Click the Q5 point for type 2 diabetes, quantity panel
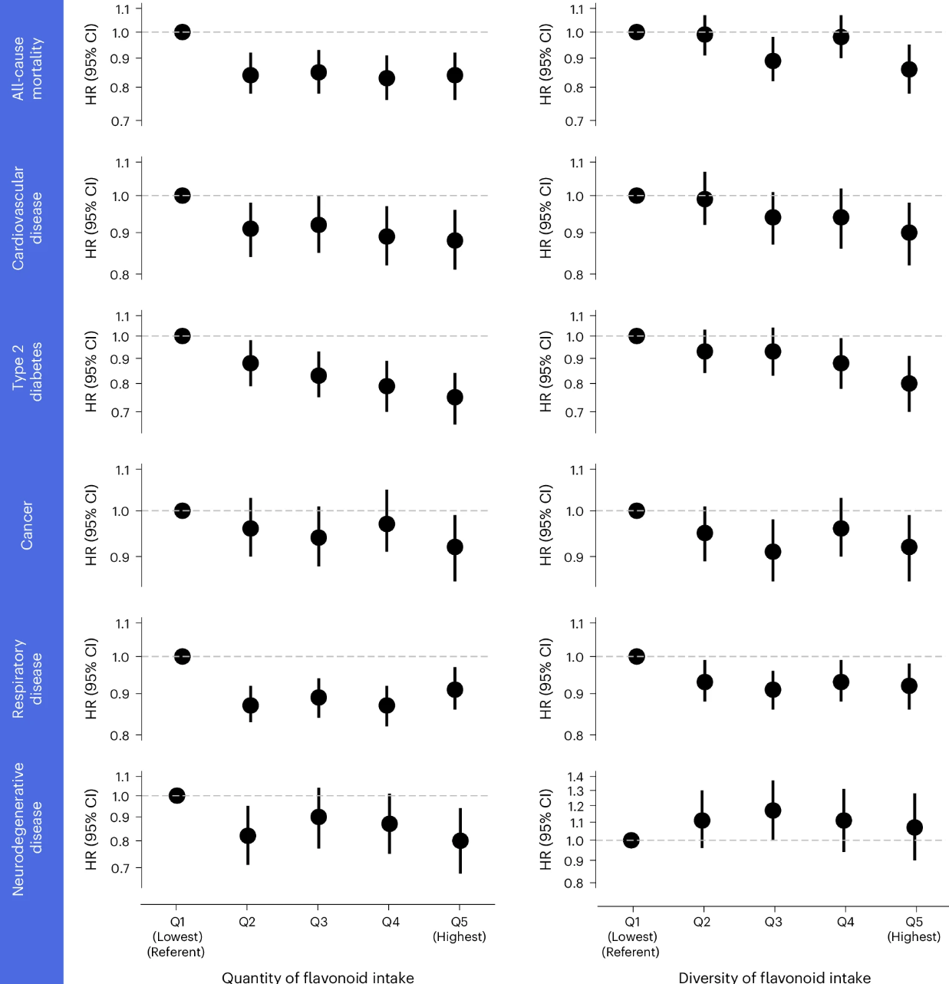click(x=455, y=397)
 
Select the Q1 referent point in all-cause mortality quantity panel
click(x=182, y=32)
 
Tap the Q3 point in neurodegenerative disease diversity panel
click(x=773, y=811)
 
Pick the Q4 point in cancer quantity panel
click(x=387, y=524)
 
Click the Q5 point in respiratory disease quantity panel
click(x=455, y=690)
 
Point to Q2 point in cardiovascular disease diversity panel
click(x=704, y=200)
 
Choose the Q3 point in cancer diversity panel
click(x=773, y=552)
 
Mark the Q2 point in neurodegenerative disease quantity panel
click(x=248, y=836)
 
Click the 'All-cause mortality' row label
click(x=28, y=68)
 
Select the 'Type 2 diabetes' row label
click(x=28, y=371)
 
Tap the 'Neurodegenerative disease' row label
click(x=28, y=829)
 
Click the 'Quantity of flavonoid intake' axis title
click(x=318, y=977)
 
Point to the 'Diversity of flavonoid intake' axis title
click(x=774, y=977)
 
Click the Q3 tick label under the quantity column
click(x=318, y=922)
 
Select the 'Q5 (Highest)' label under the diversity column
click(x=914, y=929)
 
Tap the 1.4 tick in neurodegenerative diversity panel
click(x=575, y=777)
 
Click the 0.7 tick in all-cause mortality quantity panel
click(x=120, y=121)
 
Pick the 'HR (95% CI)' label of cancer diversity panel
click(x=545, y=525)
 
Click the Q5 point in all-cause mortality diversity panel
click(x=909, y=69)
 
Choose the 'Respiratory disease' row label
click(x=28, y=679)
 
